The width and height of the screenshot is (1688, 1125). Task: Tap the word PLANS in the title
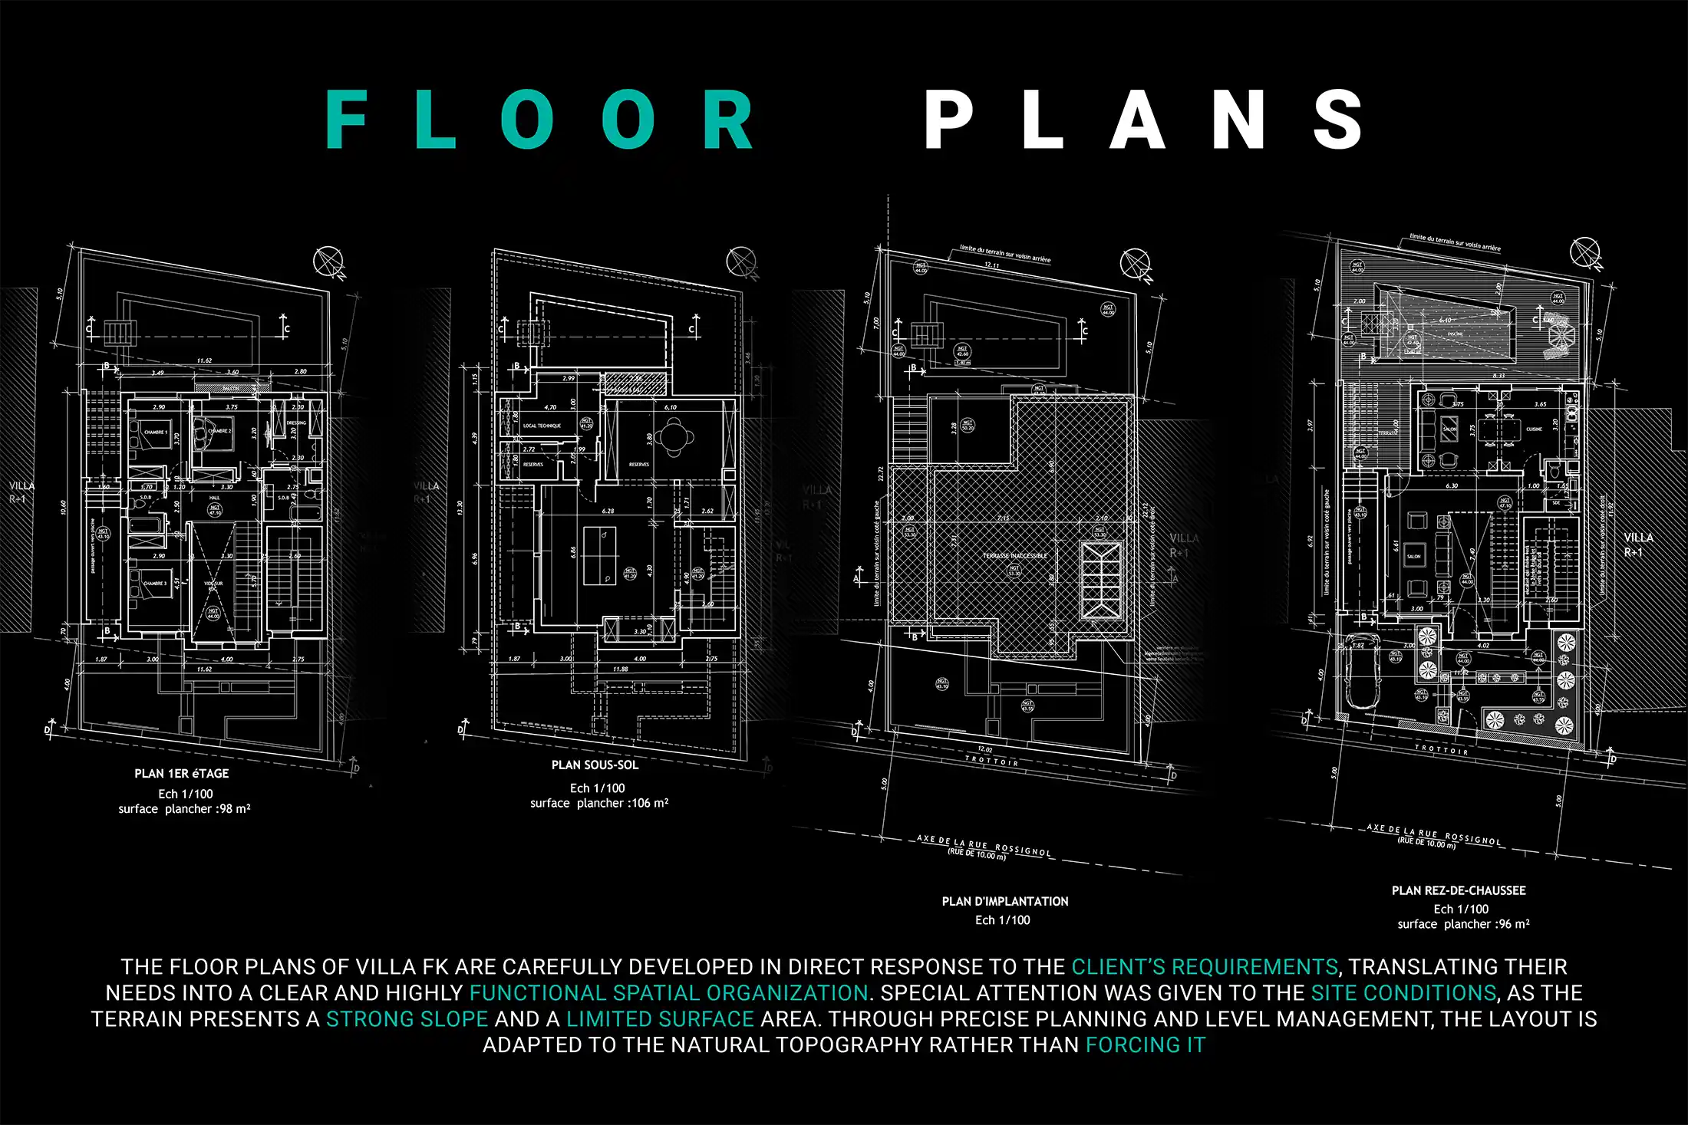tap(1143, 120)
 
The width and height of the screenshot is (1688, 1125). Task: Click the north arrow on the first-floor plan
tap(329, 261)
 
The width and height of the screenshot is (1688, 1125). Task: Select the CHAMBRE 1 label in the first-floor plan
tap(155, 433)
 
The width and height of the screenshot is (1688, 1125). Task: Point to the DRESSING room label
tap(296, 423)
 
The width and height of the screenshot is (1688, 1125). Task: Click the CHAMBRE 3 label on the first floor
tap(154, 584)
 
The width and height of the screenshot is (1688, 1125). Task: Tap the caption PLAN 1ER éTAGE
tap(182, 774)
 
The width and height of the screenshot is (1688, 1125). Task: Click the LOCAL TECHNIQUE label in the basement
tap(542, 426)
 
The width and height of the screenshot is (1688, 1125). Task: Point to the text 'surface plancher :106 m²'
tap(599, 804)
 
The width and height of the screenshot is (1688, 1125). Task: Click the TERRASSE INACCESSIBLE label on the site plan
tap(1014, 556)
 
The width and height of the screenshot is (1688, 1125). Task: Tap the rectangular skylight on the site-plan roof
tap(1101, 580)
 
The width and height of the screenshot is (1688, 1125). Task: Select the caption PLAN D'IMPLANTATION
tap(1005, 902)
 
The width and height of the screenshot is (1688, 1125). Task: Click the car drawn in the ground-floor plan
tap(1360, 673)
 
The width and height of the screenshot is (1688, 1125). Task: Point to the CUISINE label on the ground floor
tap(1534, 429)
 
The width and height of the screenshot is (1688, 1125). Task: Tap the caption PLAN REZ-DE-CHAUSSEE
tap(1459, 891)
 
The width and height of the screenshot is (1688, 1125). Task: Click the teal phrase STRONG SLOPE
tap(407, 1019)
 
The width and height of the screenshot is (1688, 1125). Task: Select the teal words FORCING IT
tap(1146, 1045)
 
